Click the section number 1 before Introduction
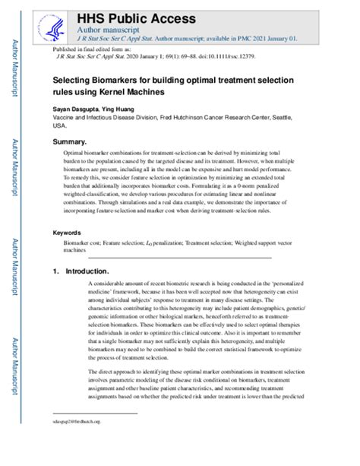pos(55,271)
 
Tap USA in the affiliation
pos(60,128)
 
